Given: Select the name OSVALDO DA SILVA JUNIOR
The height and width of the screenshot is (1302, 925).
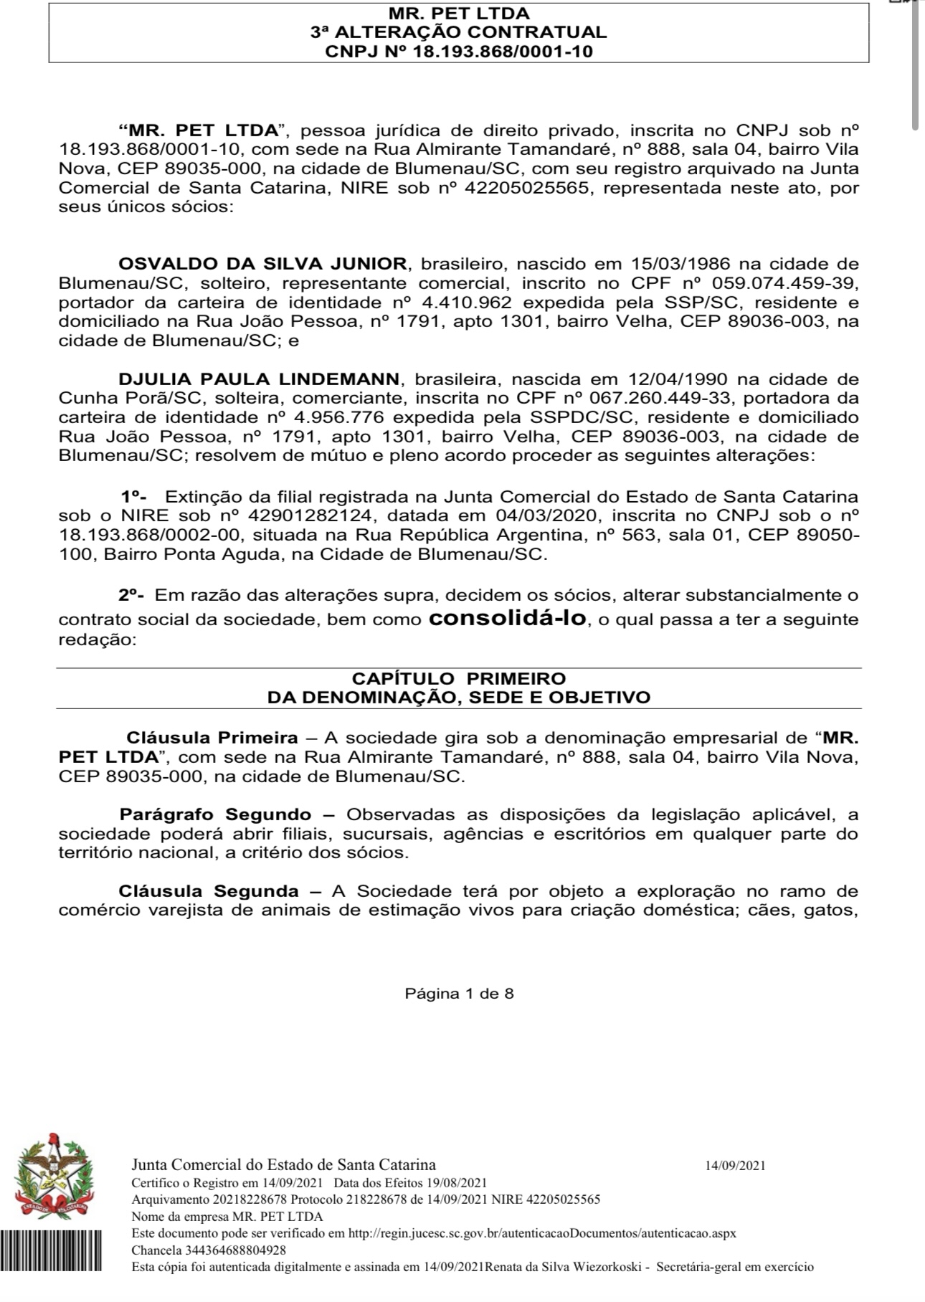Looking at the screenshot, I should click(x=262, y=264).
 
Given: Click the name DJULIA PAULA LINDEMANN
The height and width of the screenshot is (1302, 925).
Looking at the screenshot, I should click(x=259, y=379).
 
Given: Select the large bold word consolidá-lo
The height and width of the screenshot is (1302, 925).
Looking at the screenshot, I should click(x=507, y=618).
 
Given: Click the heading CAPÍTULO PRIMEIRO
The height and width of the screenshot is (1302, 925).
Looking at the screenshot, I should click(x=459, y=678).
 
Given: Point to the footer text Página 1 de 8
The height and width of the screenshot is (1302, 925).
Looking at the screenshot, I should click(x=459, y=994).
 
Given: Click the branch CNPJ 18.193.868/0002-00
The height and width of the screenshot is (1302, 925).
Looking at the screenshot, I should click(x=151, y=535).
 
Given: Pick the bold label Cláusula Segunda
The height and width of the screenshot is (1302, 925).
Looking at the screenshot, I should click(x=209, y=891).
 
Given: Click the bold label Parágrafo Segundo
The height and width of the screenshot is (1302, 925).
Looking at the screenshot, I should click(x=215, y=814).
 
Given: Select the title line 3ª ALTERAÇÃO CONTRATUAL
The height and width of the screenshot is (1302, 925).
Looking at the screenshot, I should click(x=459, y=32).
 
